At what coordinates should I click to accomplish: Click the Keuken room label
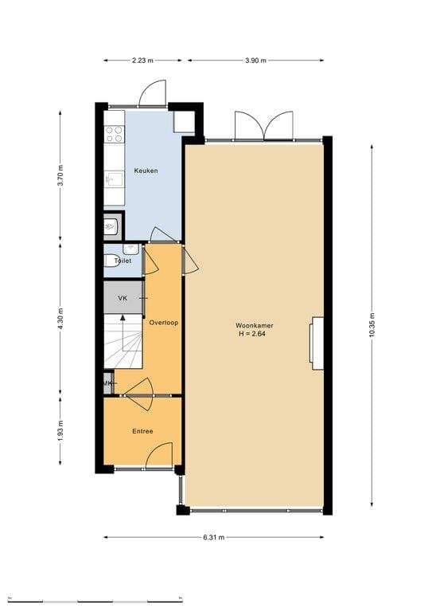coord(146,171)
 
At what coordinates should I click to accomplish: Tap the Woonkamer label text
coord(254,325)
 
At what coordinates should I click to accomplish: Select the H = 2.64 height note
coord(252,334)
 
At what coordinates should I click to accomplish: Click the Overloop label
coord(164,323)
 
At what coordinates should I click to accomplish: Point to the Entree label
coord(142,431)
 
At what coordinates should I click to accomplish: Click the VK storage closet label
coord(123,298)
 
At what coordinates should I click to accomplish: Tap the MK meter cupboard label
coord(107,383)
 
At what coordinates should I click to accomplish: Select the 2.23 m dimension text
coord(142,61)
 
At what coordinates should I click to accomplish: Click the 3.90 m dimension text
coord(256,61)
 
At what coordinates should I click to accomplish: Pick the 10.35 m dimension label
coord(372,325)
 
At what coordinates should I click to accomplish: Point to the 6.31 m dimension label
coord(214,537)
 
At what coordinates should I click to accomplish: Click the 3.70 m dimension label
coord(60,176)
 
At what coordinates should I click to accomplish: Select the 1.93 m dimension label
coord(60,431)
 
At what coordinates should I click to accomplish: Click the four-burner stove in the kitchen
coord(114,134)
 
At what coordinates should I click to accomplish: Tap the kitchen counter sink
coord(114,179)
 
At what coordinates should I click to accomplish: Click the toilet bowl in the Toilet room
coord(111,261)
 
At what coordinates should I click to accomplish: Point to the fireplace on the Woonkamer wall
coord(317,343)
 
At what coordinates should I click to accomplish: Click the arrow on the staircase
coord(123,333)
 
